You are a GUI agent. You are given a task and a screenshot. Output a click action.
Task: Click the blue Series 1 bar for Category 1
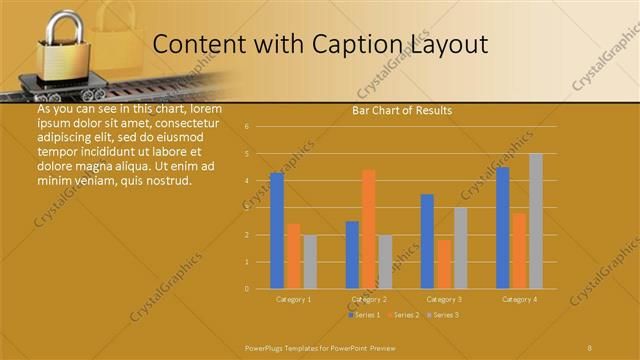point(277,231)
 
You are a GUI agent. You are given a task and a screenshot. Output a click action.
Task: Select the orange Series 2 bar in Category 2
point(369,229)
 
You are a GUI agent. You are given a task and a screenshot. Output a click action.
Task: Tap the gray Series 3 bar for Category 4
point(536,221)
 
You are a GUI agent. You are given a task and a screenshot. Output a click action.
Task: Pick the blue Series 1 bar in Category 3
point(427,241)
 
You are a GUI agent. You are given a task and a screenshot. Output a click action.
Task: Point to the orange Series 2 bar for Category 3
point(444,264)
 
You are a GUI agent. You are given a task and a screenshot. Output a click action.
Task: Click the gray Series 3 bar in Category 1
point(310,262)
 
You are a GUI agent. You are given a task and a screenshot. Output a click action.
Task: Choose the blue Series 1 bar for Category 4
point(503,228)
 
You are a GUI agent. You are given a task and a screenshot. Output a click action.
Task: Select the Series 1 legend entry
point(365,315)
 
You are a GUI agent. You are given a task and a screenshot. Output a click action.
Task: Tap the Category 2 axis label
point(369,299)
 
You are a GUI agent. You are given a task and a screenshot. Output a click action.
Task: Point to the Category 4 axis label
point(519,299)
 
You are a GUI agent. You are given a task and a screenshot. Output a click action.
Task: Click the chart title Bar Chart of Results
point(402,110)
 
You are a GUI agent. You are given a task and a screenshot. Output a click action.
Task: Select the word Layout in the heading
point(451,45)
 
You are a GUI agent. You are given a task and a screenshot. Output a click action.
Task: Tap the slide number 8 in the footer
point(590,347)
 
